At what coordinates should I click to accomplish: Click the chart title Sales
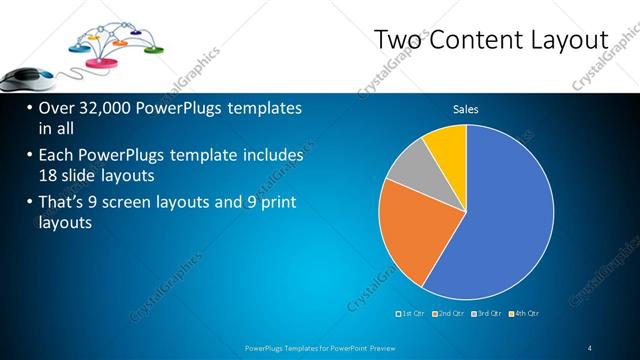pyautogui.click(x=466, y=108)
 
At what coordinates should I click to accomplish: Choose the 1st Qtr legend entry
pyautogui.click(x=411, y=313)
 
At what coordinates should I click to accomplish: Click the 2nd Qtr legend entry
pyautogui.click(x=449, y=313)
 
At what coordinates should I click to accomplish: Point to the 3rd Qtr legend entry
pyautogui.click(x=487, y=313)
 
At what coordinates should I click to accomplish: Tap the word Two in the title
pyautogui.click(x=397, y=39)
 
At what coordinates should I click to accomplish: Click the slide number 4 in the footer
pyautogui.click(x=590, y=347)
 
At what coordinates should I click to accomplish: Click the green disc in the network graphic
pyautogui.click(x=154, y=48)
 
